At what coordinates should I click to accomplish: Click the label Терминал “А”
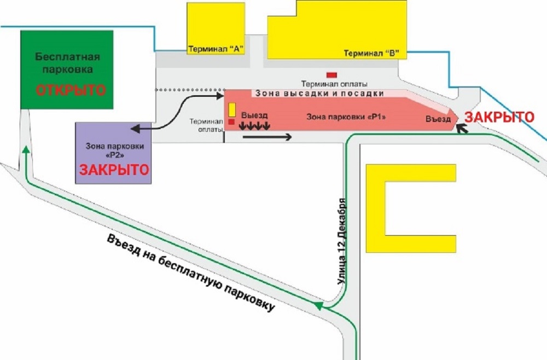click(216, 49)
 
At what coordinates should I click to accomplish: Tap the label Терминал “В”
click(371, 53)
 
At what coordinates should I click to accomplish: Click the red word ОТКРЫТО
click(71, 90)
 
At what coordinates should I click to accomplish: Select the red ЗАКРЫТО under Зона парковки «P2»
click(114, 170)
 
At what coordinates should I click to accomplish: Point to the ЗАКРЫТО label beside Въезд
click(499, 117)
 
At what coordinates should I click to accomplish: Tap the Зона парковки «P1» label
click(346, 117)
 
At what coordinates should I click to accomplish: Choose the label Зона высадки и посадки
click(319, 94)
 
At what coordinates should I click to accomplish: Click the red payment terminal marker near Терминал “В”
click(331, 75)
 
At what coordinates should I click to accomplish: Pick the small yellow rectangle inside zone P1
click(232, 109)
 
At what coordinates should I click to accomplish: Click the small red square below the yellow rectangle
click(231, 122)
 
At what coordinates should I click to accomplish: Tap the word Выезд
click(254, 115)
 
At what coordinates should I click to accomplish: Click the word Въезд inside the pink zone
click(438, 119)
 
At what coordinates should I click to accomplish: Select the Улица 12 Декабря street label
click(342, 242)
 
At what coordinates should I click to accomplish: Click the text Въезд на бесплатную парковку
click(191, 273)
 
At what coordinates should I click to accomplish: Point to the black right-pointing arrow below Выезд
click(267, 137)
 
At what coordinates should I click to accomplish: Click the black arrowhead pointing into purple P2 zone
click(136, 129)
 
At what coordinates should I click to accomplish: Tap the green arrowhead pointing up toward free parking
click(26, 150)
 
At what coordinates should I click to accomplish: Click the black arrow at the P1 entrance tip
click(462, 129)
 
